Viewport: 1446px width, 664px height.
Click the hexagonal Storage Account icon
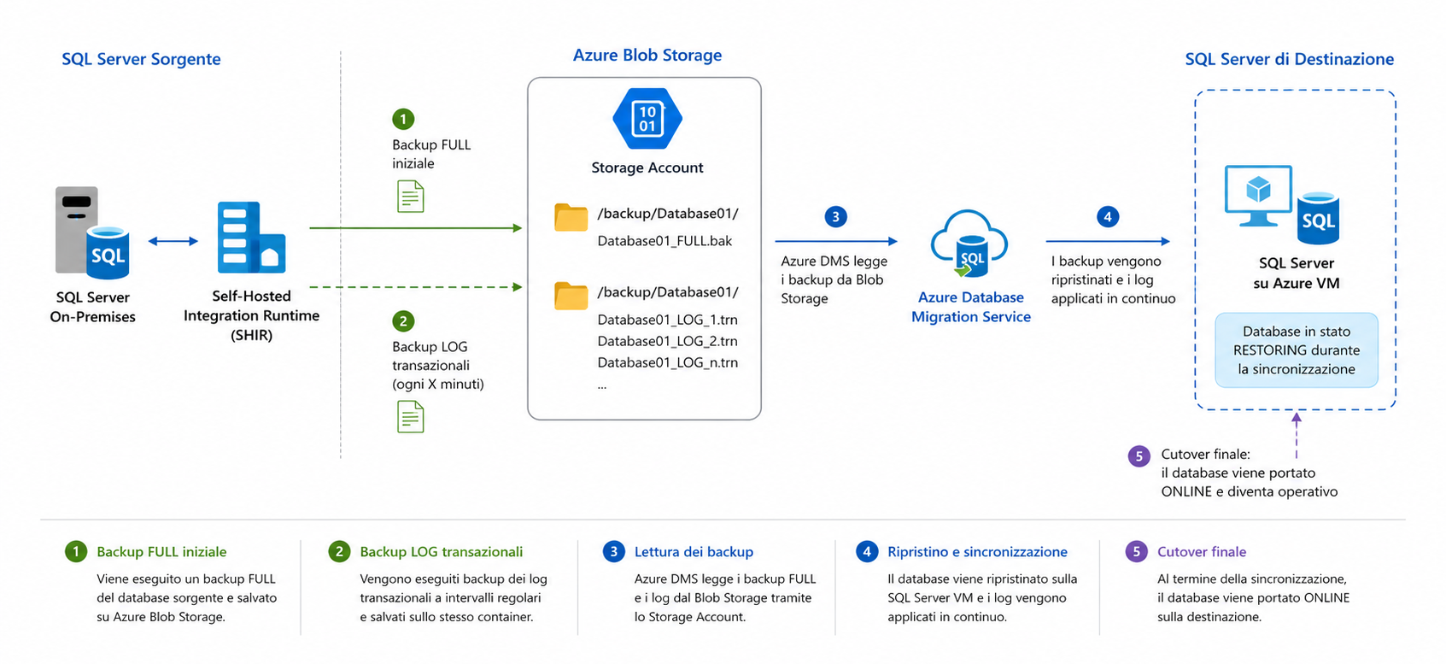tap(647, 119)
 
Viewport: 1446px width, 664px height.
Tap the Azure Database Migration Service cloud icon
tap(969, 244)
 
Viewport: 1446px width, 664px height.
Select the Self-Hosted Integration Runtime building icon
tap(250, 238)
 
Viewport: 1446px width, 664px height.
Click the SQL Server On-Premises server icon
tap(91, 233)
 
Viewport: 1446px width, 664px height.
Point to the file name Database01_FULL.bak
tap(664, 241)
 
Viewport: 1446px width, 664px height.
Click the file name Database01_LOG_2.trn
tap(667, 341)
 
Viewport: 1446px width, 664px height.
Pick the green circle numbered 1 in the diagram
tap(402, 119)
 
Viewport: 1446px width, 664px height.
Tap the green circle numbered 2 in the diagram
tap(402, 321)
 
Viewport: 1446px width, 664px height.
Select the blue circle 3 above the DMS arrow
tap(835, 217)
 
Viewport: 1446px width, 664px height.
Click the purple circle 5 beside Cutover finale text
tap(1139, 456)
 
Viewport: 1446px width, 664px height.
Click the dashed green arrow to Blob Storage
tap(415, 287)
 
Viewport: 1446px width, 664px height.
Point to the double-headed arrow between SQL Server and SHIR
tap(173, 241)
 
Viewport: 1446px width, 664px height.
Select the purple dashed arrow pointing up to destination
tap(1296, 437)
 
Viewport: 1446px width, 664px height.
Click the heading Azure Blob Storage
tap(647, 56)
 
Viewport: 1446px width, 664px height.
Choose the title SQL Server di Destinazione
tap(1289, 59)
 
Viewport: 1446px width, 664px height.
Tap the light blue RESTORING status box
tap(1296, 350)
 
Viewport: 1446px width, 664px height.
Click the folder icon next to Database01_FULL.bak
tap(571, 218)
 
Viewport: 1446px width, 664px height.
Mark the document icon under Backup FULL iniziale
tap(410, 197)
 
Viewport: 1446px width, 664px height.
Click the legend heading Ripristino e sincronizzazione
tap(977, 552)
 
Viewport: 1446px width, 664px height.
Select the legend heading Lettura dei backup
tap(694, 552)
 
